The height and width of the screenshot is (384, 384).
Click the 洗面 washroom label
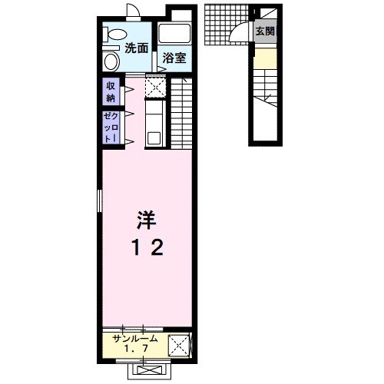(137, 48)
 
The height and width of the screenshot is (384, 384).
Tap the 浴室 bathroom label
(174, 58)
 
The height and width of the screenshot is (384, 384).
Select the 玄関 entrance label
(265, 31)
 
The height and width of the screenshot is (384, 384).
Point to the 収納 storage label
(111, 92)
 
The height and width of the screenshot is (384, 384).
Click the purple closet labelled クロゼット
(111, 127)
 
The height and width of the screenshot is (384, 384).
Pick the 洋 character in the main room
(147, 220)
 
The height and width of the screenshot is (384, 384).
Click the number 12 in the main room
(147, 247)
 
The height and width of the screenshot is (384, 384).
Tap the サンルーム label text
(135, 339)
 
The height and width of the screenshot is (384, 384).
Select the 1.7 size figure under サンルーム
(136, 349)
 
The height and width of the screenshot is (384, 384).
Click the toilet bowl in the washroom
(115, 35)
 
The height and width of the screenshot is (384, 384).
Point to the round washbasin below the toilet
(112, 62)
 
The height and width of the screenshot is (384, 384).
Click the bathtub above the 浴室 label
(174, 33)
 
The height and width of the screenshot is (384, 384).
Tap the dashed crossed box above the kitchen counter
(155, 87)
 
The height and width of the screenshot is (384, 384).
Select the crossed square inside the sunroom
(179, 346)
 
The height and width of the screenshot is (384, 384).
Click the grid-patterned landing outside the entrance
(227, 25)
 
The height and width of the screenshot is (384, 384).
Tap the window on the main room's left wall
(100, 201)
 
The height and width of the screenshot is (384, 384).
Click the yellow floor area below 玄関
(265, 58)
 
